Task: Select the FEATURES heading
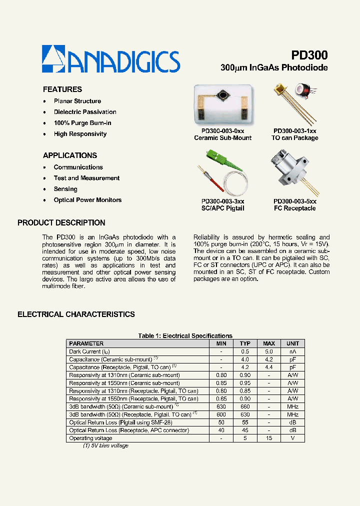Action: point(62,89)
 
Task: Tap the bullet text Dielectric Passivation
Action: point(85,112)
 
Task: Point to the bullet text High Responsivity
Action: point(80,134)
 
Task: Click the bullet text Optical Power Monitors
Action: point(87,200)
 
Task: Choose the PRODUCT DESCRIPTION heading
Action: point(61,223)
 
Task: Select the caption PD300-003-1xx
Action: point(294,130)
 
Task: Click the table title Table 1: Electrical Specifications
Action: point(185,336)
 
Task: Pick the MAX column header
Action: point(269,343)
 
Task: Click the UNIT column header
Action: point(292,343)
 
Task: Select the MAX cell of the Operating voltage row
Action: point(269,438)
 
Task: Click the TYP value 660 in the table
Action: point(245,406)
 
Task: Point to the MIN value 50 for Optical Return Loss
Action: point(221,422)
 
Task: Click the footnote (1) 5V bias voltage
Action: point(105,445)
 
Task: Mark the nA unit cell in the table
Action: point(292,351)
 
